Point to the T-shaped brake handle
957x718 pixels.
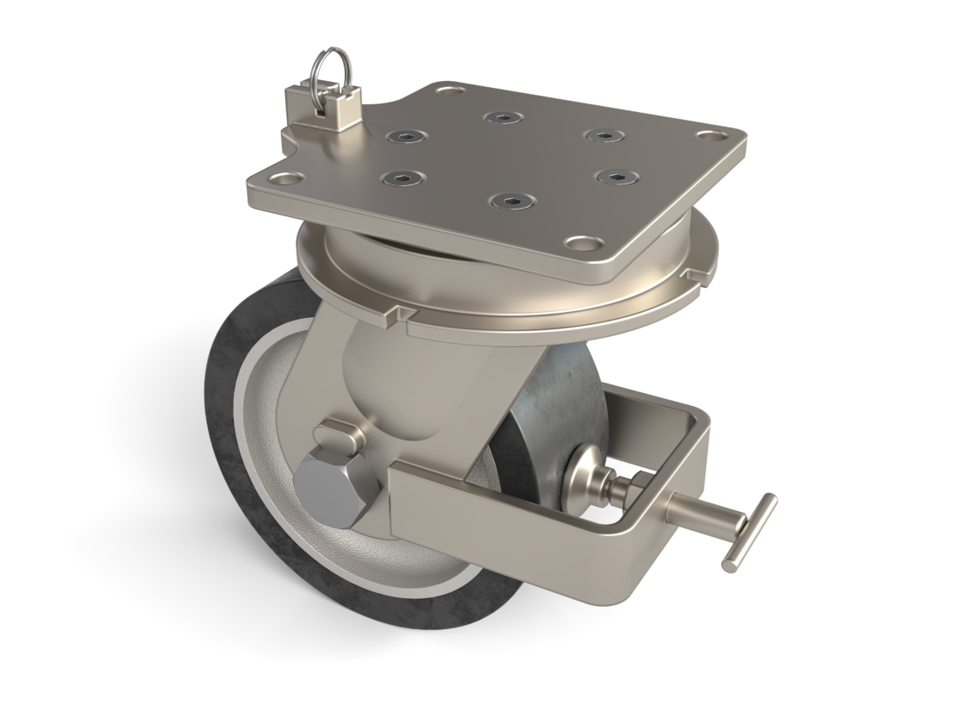click(749, 532)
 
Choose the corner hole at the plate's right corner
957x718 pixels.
click(710, 135)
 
